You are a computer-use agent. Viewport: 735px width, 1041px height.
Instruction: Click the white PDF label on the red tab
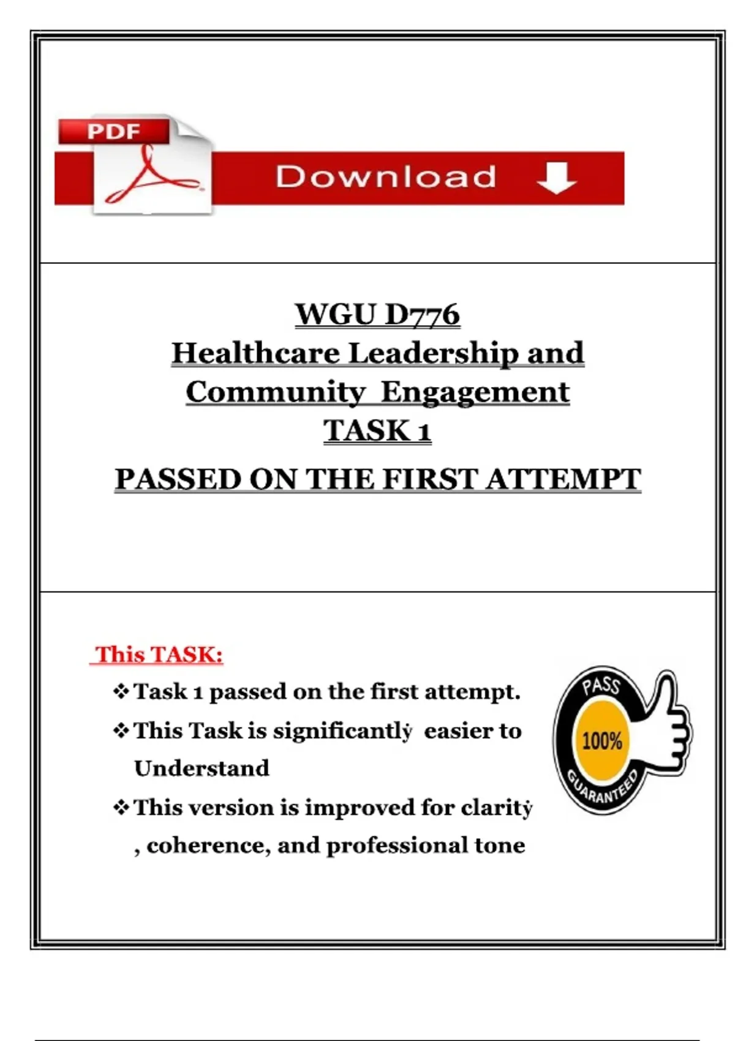pyautogui.click(x=113, y=131)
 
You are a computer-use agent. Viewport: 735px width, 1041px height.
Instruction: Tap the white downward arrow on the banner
pyautogui.click(x=557, y=178)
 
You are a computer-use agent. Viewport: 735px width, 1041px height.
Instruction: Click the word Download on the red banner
pyautogui.click(x=386, y=177)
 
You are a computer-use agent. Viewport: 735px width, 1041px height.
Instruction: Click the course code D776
pyautogui.click(x=422, y=315)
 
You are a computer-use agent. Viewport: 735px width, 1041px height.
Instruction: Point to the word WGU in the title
pyautogui.click(x=334, y=315)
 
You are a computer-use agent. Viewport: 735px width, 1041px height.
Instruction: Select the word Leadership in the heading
pyautogui.click(x=434, y=354)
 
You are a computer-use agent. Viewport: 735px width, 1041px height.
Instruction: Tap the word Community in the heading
pyautogui.click(x=275, y=393)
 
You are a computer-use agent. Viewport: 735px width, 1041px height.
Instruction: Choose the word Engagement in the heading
pyautogui.click(x=475, y=393)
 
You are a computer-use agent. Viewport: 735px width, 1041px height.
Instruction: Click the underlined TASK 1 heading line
pyautogui.click(x=377, y=430)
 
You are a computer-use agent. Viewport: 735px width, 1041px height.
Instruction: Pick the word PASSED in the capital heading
pyautogui.click(x=178, y=479)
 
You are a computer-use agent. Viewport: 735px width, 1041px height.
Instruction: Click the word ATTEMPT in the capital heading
pyautogui.click(x=563, y=479)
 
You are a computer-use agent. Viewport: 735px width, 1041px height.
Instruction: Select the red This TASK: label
pyautogui.click(x=158, y=655)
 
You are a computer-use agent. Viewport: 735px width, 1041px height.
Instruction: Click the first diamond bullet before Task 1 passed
pyautogui.click(x=121, y=691)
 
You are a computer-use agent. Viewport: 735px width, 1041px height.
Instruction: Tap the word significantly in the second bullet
pyautogui.click(x=342, y=732)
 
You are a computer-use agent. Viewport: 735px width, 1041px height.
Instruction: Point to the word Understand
pyautogui.click(x=202, y=769)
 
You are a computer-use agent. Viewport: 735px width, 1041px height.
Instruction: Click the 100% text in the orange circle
pyautogui.click(x=602, y=741)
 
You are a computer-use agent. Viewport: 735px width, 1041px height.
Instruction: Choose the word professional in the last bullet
pyautogui.click(x=396, y=845)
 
